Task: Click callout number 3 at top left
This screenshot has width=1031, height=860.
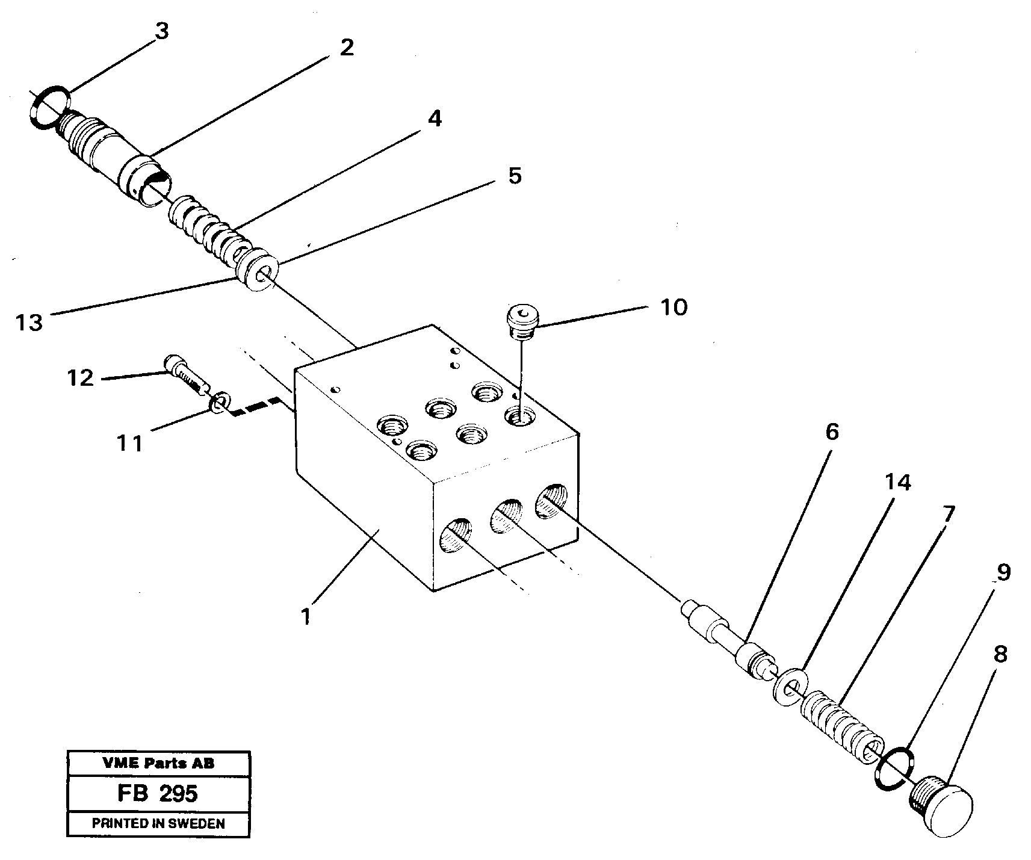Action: point(161,31)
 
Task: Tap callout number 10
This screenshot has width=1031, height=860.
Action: point(673,308)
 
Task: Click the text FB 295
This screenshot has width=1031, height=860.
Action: point(158,793)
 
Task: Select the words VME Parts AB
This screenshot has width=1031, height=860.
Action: point(158,763)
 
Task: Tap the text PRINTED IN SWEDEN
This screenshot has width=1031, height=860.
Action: point(158,824)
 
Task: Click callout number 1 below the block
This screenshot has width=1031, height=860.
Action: point(306,616)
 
